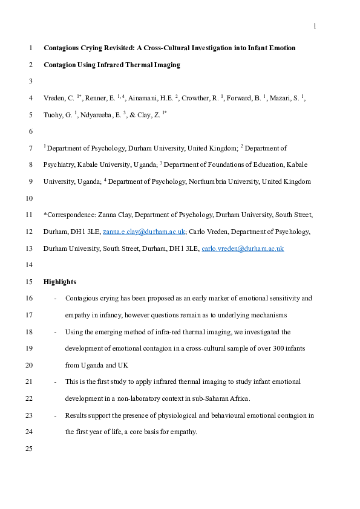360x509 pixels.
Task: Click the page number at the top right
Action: click(x=315, y=26)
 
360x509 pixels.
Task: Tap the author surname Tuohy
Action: click(x=54, y=114)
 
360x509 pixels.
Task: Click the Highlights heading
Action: click(x=60, y=282)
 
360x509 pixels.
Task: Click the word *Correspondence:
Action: click(x=70, y=215)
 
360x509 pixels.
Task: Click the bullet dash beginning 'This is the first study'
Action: click(x=56, y=382)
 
